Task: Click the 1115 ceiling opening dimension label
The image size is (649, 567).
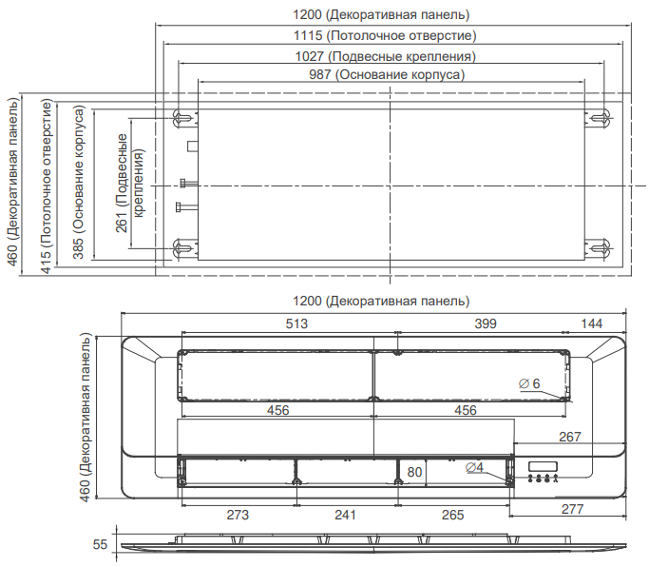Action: pos(385,35)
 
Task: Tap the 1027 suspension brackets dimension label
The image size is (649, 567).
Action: pos(385,56)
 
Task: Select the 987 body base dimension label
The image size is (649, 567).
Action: pos(387,74)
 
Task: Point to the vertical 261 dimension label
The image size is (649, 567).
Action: pos(129,183)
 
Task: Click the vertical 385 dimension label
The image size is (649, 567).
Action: pos(78,183)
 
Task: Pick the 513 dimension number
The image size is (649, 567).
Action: pos(296,323)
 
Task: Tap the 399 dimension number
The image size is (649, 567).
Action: pos(486,323)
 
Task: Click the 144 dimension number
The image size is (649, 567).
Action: pos(591,323)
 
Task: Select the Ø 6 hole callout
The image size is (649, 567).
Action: pos(529,383)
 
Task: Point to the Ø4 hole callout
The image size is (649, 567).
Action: pos(474,467)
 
